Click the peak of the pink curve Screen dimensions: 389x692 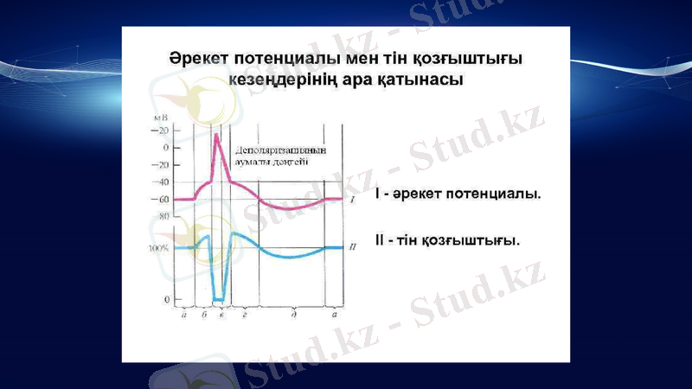coord(215,133)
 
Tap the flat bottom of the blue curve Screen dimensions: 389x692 coord(219,299)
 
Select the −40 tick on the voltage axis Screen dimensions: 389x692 coord(160,182)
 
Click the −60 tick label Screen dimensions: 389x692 coord(160,199)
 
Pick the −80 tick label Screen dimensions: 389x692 coord(160,216)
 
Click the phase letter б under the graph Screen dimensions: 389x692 coord(203,316)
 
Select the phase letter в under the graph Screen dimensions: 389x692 coord(222,316)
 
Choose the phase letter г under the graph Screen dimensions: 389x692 coord(246,316)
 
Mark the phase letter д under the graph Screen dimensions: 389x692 coord(295,316)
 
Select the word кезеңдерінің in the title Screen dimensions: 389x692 coord(276,79)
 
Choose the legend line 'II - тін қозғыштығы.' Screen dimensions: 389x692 coord(448,238)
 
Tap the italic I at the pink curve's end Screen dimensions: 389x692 coord(353,200)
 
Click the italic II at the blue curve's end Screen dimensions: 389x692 coord(353,247)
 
